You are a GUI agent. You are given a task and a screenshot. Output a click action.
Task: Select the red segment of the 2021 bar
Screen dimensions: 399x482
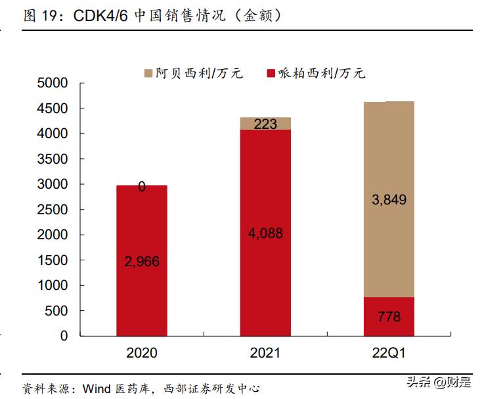click(265, 197)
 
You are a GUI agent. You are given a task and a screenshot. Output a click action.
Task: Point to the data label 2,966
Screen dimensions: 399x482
click(142, 262)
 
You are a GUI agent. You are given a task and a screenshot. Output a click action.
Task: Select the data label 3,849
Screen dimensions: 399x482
click(389, 200)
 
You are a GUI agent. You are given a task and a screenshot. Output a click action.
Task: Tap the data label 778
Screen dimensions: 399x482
click(389, 317)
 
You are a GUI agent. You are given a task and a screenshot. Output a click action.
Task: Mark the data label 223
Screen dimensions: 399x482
click(265, 124)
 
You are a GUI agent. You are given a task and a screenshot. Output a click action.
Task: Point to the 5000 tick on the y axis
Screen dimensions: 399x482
click(53, 83)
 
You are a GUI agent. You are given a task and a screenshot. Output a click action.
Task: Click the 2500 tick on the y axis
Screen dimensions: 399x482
click(53, 210)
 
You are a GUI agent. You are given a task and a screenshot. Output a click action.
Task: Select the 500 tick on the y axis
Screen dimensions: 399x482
click(57, 311)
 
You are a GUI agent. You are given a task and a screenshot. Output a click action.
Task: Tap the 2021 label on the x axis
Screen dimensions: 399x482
click(265, 353)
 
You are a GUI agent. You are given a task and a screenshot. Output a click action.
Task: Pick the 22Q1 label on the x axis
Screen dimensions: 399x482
click(389, 353)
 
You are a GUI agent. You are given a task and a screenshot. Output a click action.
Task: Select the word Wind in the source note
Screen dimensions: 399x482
click(96, 388)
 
